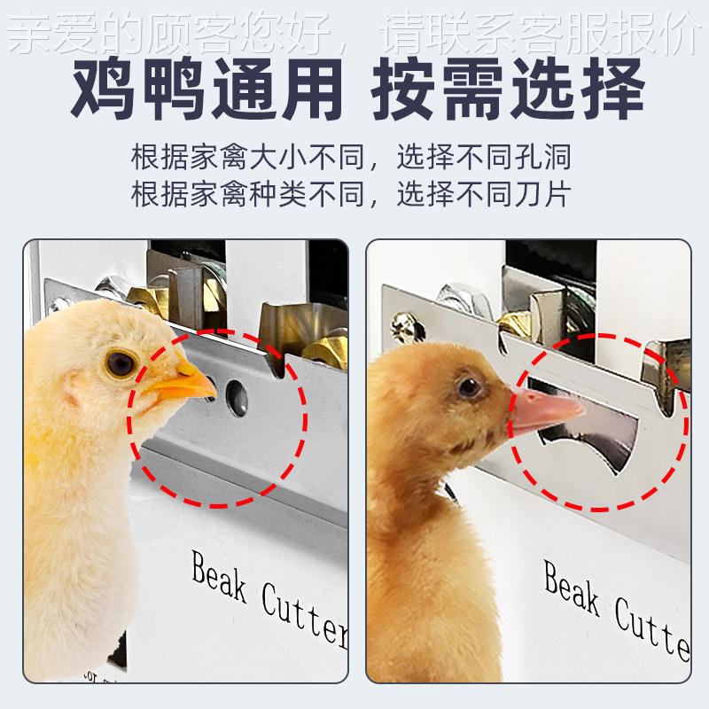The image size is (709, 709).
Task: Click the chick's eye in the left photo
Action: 121,362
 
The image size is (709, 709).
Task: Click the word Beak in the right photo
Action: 573,593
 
